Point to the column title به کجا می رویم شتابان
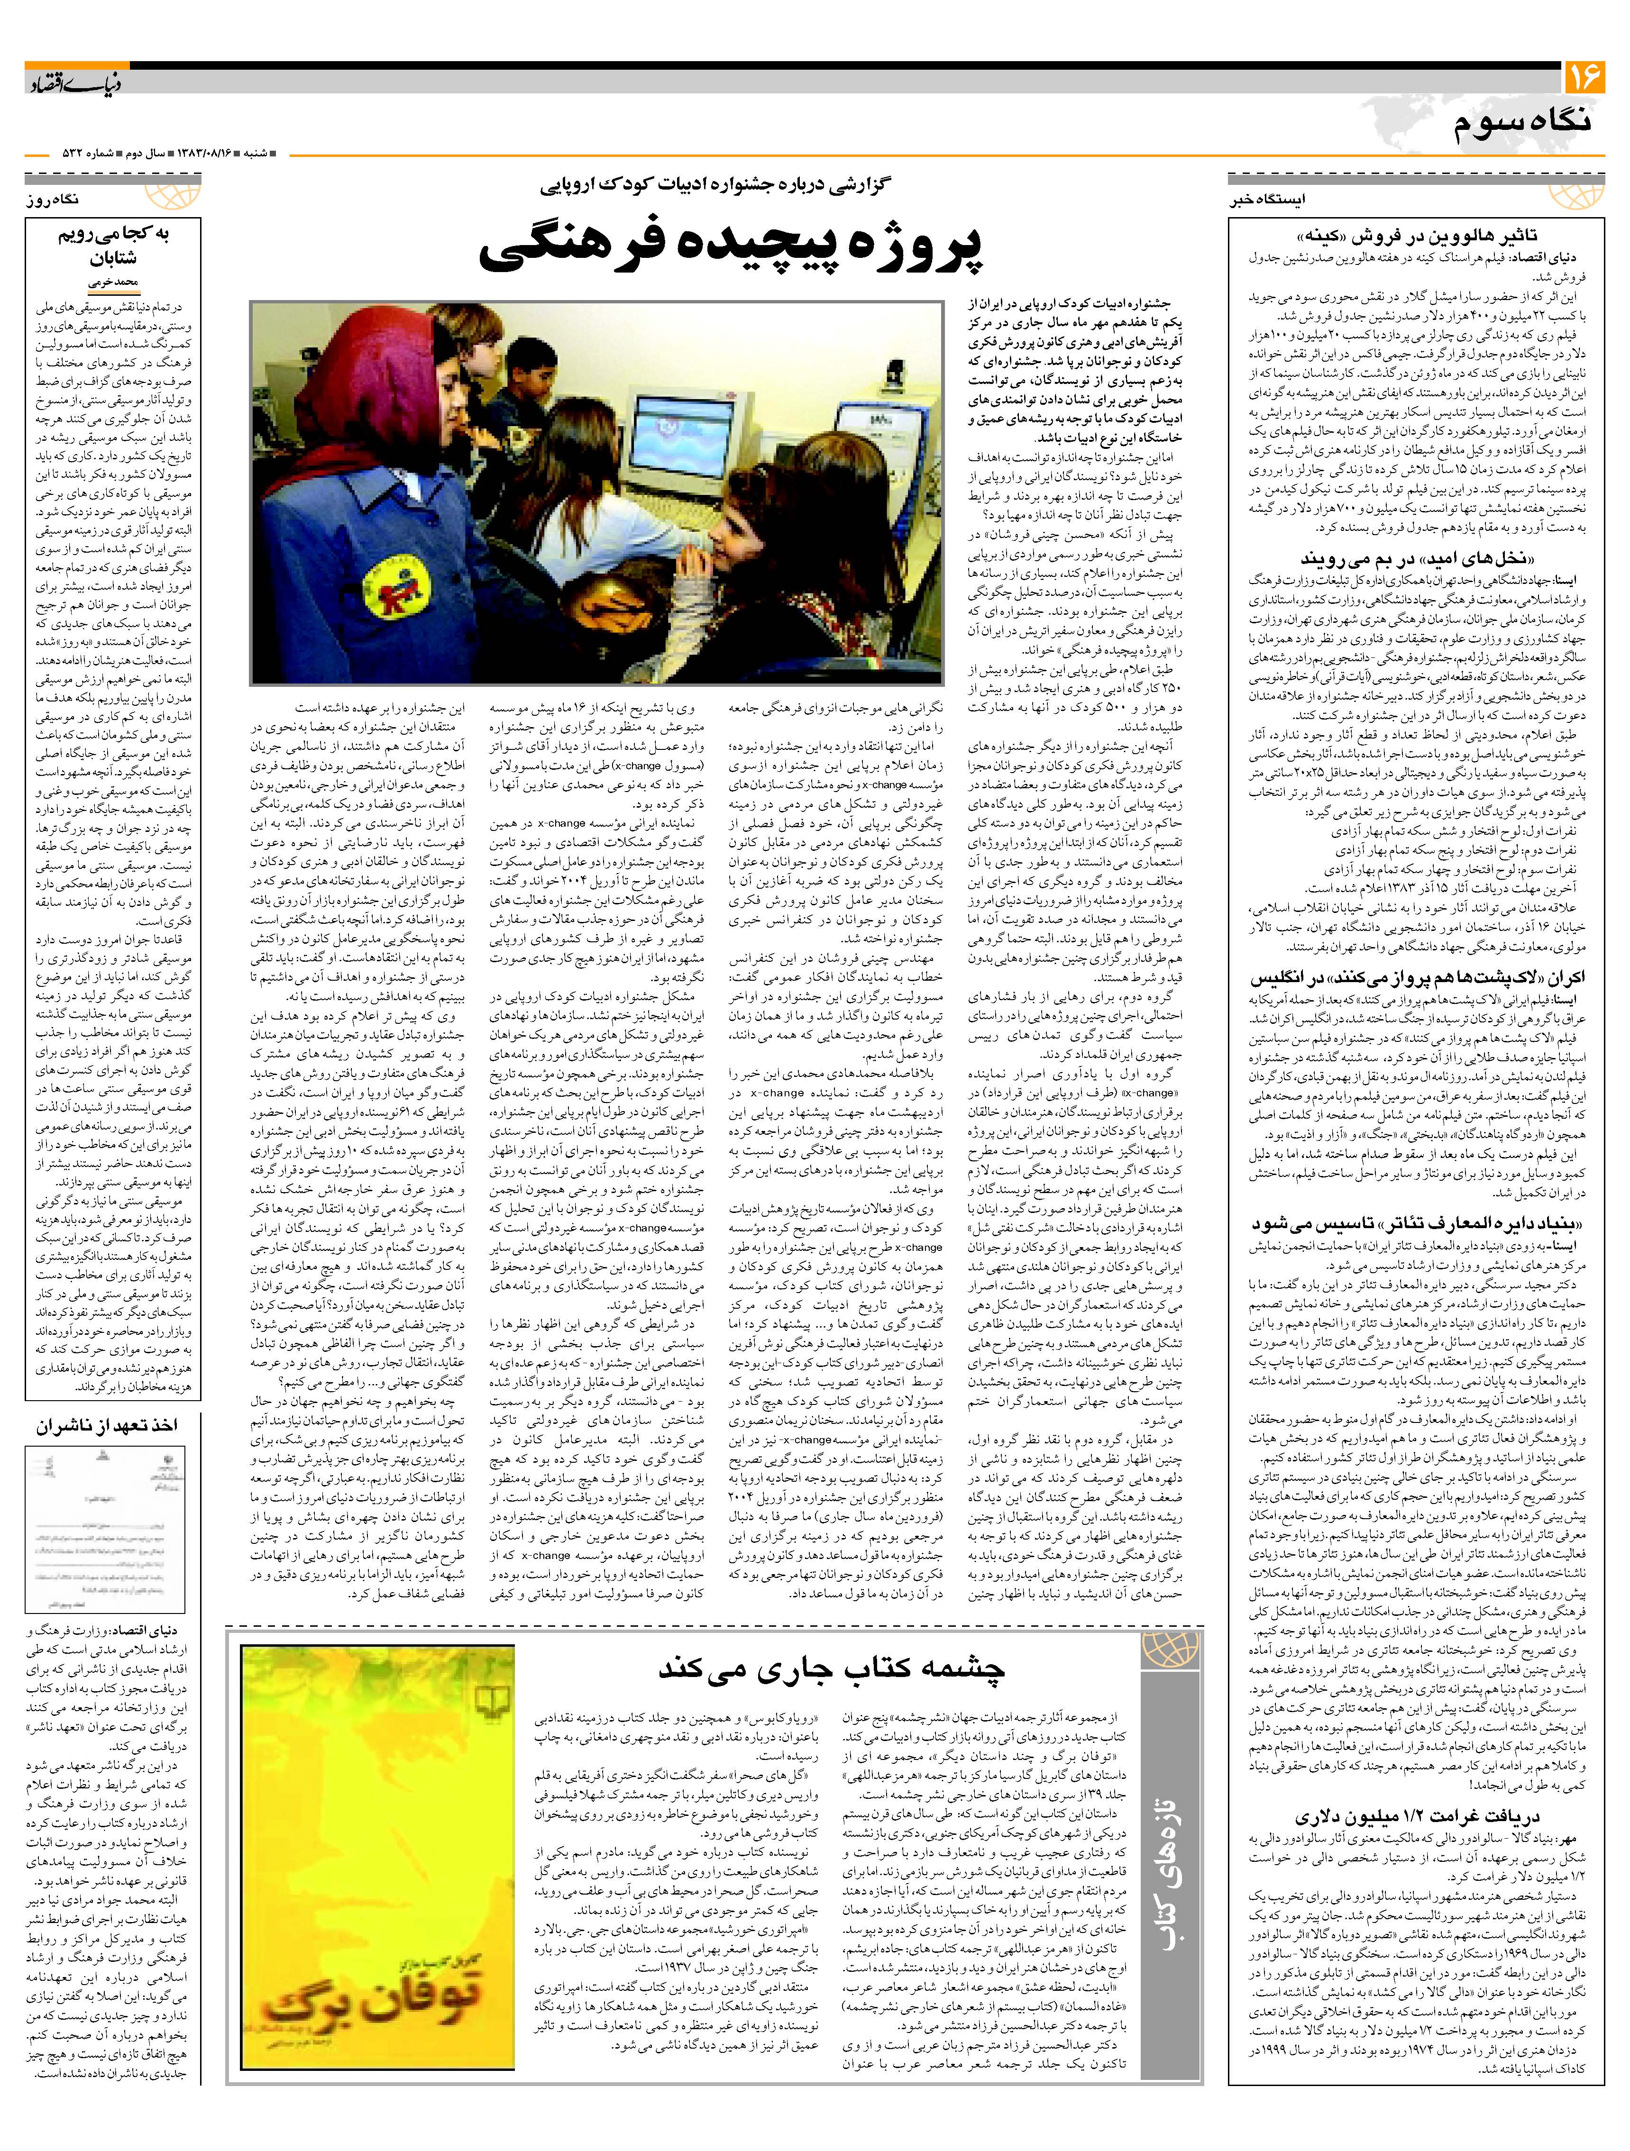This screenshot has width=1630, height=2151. pos(114,246)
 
